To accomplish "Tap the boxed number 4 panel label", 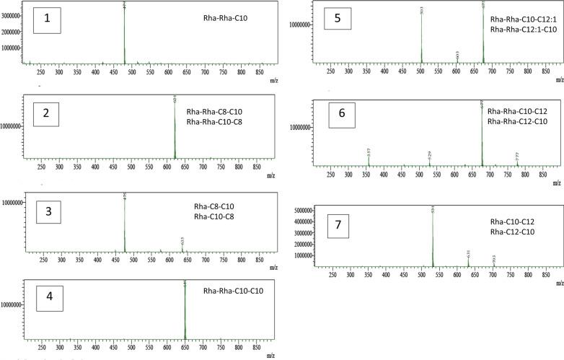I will point(45,296).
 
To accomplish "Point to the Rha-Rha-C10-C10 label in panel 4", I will point(232,291).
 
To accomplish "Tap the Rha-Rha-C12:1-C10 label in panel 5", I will point(521,30).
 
